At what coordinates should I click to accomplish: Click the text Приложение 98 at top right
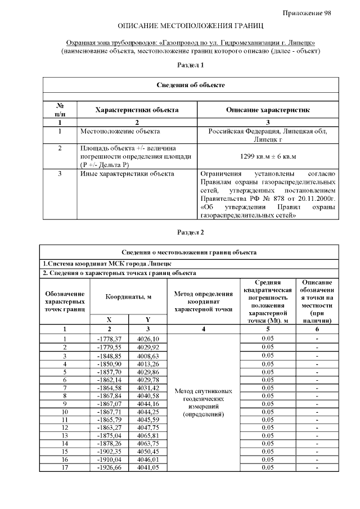[x=307, y=13]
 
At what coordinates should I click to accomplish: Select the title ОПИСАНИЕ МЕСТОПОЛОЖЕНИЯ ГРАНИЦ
[x=190, y=26]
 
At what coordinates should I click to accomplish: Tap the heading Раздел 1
[x=190, y=65]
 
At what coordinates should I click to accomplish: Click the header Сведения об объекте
[x=190, y=85]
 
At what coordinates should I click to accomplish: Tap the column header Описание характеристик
[x=267, y=110]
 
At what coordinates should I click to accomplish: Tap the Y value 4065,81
[x=148, y=435]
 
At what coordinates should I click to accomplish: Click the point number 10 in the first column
[x=65, y=412]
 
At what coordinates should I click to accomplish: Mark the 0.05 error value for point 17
[x=268, y=467]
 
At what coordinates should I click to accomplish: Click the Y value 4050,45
[x=148, y=452]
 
